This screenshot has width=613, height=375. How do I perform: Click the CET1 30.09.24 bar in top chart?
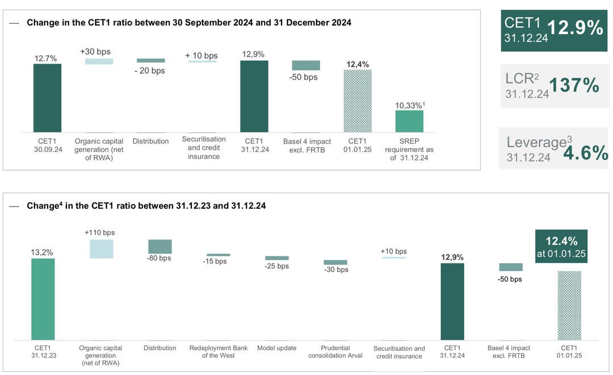47,98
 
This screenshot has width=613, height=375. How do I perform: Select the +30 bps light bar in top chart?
99,61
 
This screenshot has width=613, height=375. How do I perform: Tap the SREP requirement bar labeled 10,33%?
409,121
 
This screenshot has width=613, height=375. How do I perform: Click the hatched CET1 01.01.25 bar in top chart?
358,101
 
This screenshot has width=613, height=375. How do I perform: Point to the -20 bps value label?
150,71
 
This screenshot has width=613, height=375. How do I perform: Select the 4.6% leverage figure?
585,153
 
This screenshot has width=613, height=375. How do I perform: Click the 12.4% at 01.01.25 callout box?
561,246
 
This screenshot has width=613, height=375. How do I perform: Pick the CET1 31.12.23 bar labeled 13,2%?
43,299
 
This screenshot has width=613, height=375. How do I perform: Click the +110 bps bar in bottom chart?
101,249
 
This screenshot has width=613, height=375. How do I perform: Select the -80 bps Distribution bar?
159,246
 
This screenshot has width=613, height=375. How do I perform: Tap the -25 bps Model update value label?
277,266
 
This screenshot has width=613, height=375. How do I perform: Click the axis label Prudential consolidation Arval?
335,352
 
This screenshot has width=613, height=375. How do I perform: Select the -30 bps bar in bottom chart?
335,262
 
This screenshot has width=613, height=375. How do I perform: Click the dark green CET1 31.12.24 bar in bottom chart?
452,301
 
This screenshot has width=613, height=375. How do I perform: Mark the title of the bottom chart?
146,205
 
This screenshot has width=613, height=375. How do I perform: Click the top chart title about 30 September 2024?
189,23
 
